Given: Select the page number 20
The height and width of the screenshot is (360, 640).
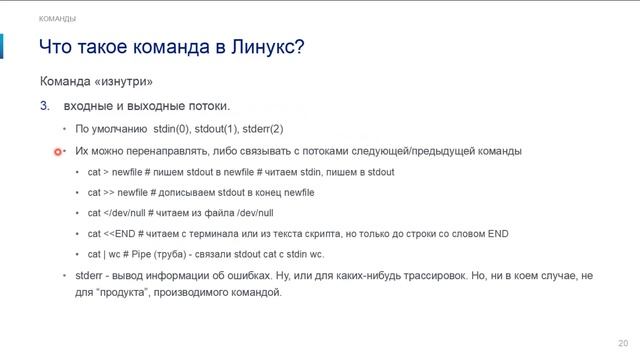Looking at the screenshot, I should click(624, 339).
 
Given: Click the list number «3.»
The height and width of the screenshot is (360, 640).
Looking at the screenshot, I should click(44, 105).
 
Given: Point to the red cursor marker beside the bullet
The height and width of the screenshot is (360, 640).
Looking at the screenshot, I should click(59, 151).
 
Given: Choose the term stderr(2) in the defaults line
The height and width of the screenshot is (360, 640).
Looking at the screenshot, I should click(263, 129).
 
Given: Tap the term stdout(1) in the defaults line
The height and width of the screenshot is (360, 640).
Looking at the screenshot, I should click(219, 129).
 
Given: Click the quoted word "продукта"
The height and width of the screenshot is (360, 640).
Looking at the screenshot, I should click(117, 293).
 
